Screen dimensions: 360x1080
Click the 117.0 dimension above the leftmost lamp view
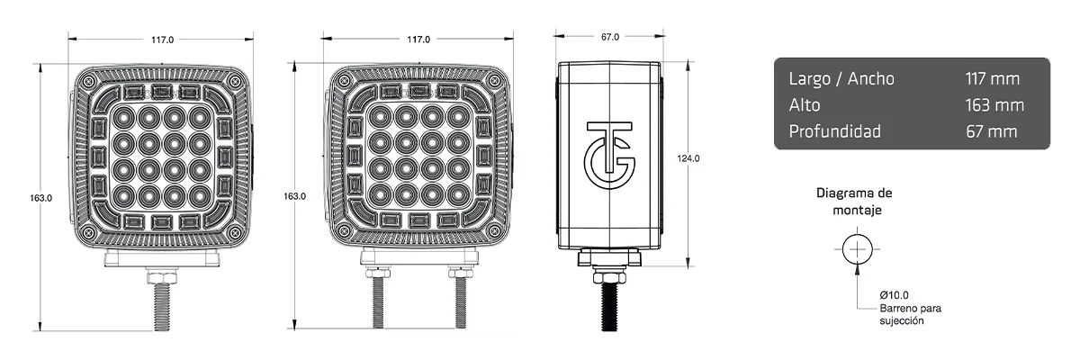(x=162, y=40)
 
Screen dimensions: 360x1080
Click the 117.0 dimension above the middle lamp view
(x=418, y=40)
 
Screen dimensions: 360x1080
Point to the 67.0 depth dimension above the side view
(x=609, y=37)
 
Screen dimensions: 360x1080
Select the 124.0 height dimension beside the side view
(x=688, y=158)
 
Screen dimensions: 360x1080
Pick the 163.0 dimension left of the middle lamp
(x=295, y=196)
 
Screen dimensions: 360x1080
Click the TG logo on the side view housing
(x=609, y=148)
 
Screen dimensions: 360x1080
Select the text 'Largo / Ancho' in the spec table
(x=841, y=78)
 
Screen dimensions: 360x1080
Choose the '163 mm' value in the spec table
(x=994, y=104)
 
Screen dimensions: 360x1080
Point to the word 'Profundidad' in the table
(x=834, y=131)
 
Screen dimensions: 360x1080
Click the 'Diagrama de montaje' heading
(x=853, y=202)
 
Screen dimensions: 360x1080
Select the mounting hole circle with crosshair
(x=858, y=248)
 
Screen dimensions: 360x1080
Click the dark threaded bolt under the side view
(x=609, y=301)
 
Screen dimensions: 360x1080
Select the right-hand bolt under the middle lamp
(x=460, y=301)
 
